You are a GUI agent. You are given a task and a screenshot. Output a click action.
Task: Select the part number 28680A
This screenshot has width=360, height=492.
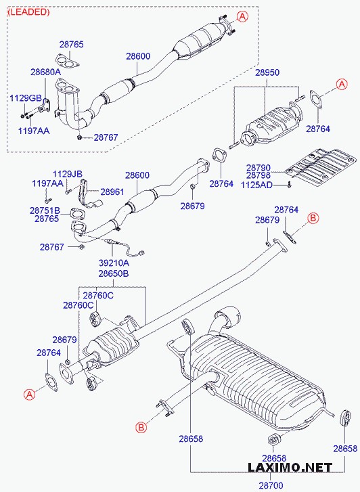point(45,71)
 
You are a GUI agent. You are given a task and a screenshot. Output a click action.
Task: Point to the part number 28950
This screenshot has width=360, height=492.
point(267,72)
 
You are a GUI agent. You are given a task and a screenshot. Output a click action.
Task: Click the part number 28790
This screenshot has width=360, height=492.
point(258,167)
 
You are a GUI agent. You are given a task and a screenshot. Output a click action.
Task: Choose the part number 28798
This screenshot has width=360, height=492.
point(258,175)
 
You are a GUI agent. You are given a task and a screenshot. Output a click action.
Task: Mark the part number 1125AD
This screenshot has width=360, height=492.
point(258,184)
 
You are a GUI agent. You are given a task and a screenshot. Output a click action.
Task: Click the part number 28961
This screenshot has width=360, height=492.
point(112,192)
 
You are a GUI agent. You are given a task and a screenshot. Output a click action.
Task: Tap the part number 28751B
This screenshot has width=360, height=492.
point(45,210)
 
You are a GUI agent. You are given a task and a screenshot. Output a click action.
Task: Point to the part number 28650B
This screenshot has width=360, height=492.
point(113,273)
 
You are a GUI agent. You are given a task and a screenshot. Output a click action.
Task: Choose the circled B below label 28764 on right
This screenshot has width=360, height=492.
point(313,217)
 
